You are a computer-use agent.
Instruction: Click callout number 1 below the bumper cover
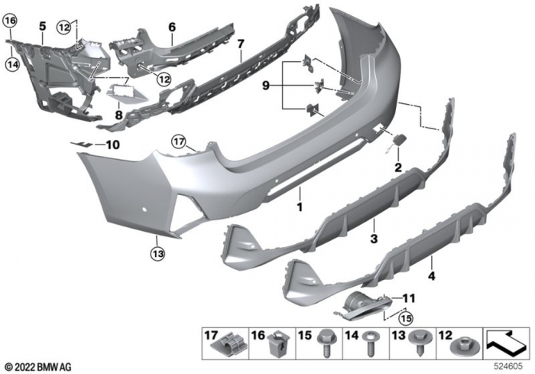(x=300, y=207)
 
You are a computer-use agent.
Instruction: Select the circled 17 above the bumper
(x=178, y=141)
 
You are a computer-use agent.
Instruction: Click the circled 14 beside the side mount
(x=11, y=66)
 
